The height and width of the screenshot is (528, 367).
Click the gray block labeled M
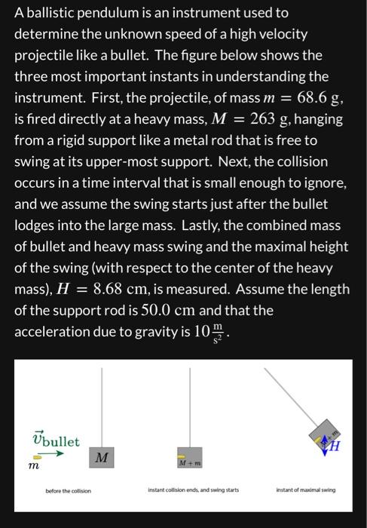pos(102,456)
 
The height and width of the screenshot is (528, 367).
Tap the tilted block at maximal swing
pos(326,436)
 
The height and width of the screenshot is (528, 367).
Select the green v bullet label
pos(56,441)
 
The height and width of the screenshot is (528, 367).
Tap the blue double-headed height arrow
pos(326,441)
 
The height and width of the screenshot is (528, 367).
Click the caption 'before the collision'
pos(68,490)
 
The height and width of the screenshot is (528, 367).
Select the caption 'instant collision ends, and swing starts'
pos(192,490)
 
